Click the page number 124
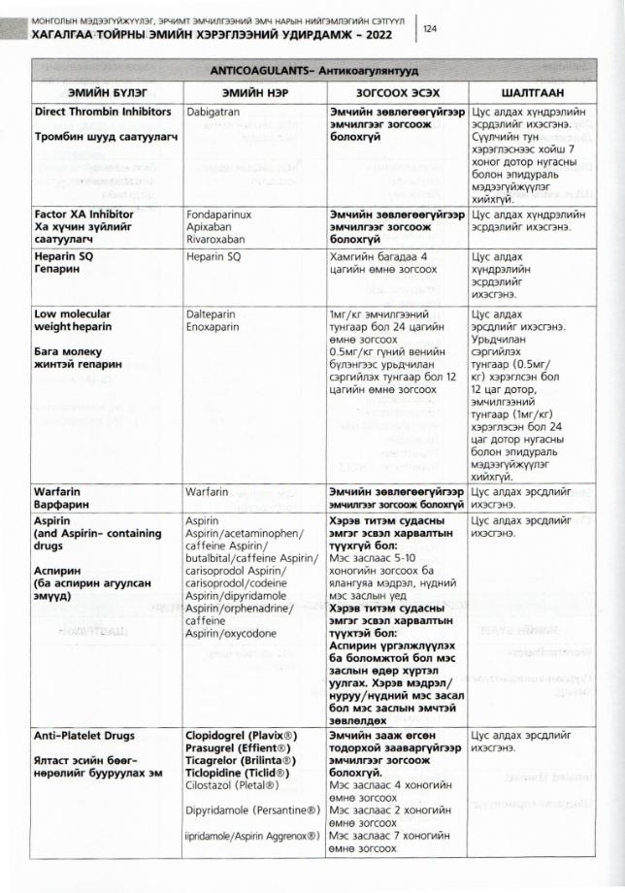click(x=430, y=28)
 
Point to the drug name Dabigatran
click(x=214, y=112)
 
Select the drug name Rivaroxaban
click(x=217, y=237)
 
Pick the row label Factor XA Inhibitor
click(x=85, y=214)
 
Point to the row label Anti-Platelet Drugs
click(x=84, y=736)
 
